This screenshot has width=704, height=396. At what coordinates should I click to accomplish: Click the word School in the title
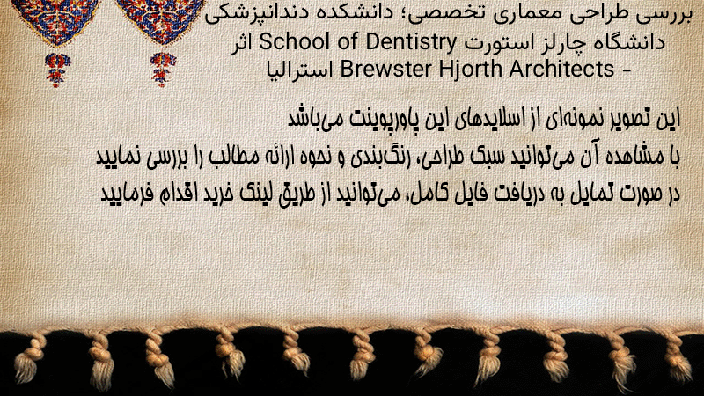click(x=293, y=42)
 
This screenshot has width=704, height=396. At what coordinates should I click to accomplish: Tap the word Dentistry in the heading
click(x=411, y=43)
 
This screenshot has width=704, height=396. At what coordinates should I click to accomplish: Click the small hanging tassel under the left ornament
click(x=57, y=70)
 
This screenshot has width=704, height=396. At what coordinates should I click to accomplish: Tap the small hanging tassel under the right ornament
click(x=163, y=70)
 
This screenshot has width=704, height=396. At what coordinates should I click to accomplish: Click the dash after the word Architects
click(x=627, y=71)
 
